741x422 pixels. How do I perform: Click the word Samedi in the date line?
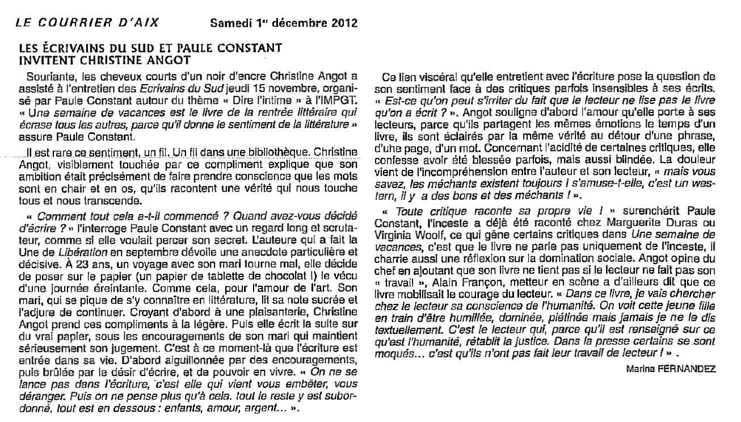[228, 23]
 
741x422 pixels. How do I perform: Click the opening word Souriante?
[47, 76]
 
